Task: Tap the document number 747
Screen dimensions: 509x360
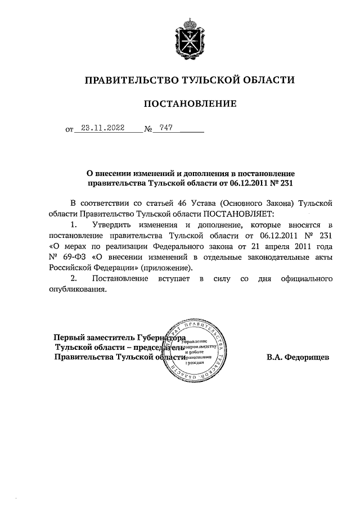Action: pos(165,128)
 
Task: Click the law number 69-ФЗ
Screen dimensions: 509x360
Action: pos(71,257)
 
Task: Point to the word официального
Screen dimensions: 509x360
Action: pos(306,279)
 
